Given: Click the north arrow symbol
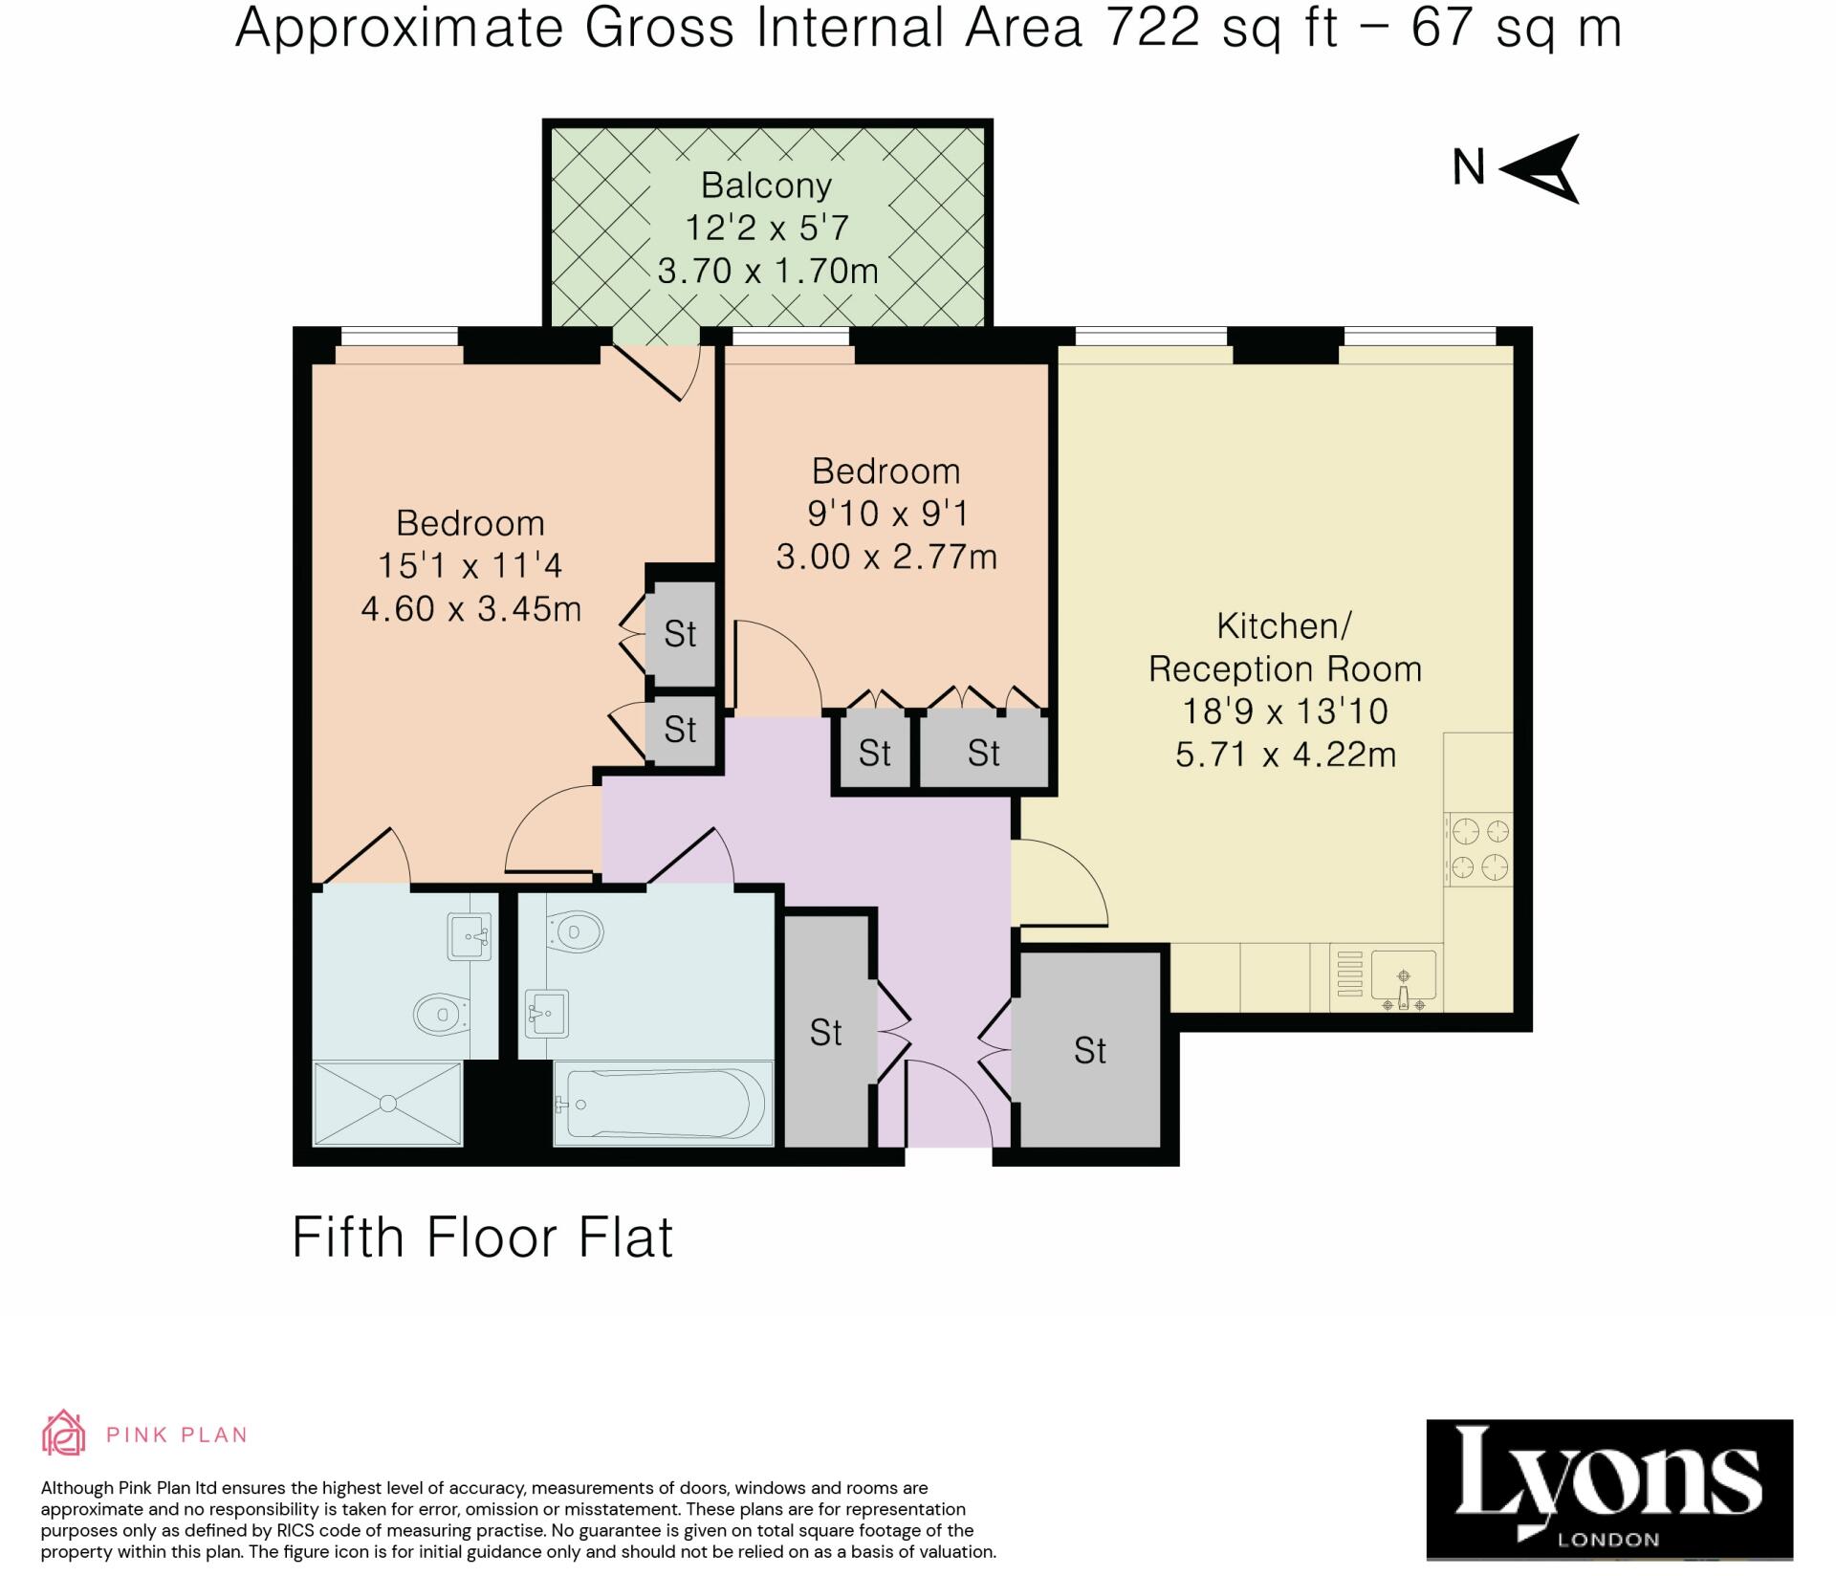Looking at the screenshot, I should click(1541, 169).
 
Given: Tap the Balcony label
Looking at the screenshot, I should click(766, 185).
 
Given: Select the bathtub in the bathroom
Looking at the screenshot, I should click(665, 1103).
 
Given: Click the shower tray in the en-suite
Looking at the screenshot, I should click(387, 1103).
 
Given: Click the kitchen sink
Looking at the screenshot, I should click(1403, 976).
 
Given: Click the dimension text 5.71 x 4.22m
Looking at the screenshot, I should click(1284, 755).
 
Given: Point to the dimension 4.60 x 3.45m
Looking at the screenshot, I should click(470, 609).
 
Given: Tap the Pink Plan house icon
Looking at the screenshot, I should click(64, 1434).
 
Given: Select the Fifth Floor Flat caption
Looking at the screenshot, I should click(482, 1237).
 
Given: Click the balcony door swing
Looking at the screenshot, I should click(669, 373).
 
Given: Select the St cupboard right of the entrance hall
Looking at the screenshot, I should click(1089, 1050).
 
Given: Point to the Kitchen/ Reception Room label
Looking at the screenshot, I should click(1284, 647).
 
